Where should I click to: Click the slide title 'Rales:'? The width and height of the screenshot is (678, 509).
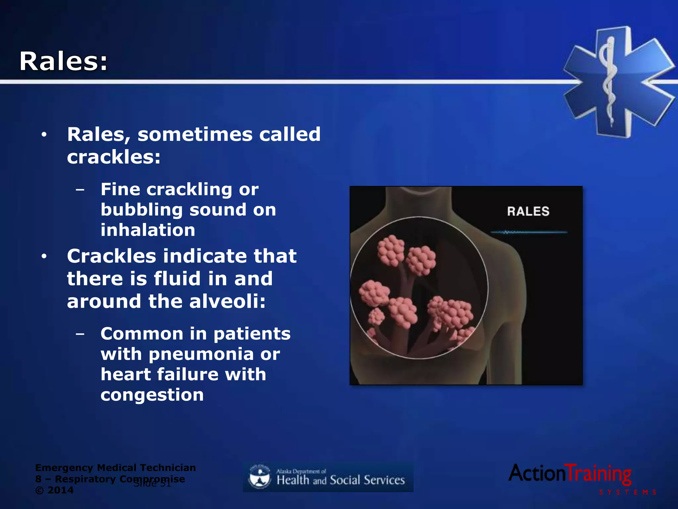click(64, 61)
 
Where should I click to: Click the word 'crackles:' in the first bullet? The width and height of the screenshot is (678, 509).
click(114, 157)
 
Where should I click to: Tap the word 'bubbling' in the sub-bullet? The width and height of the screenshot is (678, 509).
click(142, 210)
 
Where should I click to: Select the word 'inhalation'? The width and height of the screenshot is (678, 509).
click(148, 230)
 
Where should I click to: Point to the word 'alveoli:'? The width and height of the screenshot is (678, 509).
click(227, 301)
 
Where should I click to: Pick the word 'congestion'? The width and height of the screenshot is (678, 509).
click(152, 395)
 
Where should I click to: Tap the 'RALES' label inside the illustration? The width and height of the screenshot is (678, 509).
click(528, 211)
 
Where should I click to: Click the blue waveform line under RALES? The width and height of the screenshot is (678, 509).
click(529, 232)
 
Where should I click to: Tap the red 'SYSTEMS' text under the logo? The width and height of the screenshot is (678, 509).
click(627, 492)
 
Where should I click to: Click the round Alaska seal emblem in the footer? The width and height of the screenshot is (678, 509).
click(259, 477)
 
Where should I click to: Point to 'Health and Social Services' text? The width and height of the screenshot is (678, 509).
click(341, 480)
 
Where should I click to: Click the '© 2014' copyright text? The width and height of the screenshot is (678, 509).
click(54, 490)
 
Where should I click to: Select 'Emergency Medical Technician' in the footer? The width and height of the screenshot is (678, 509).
click(115, 468)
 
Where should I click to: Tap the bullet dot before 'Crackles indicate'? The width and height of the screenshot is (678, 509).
click(44, 256)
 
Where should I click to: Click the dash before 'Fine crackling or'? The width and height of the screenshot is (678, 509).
click(80, 190)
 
